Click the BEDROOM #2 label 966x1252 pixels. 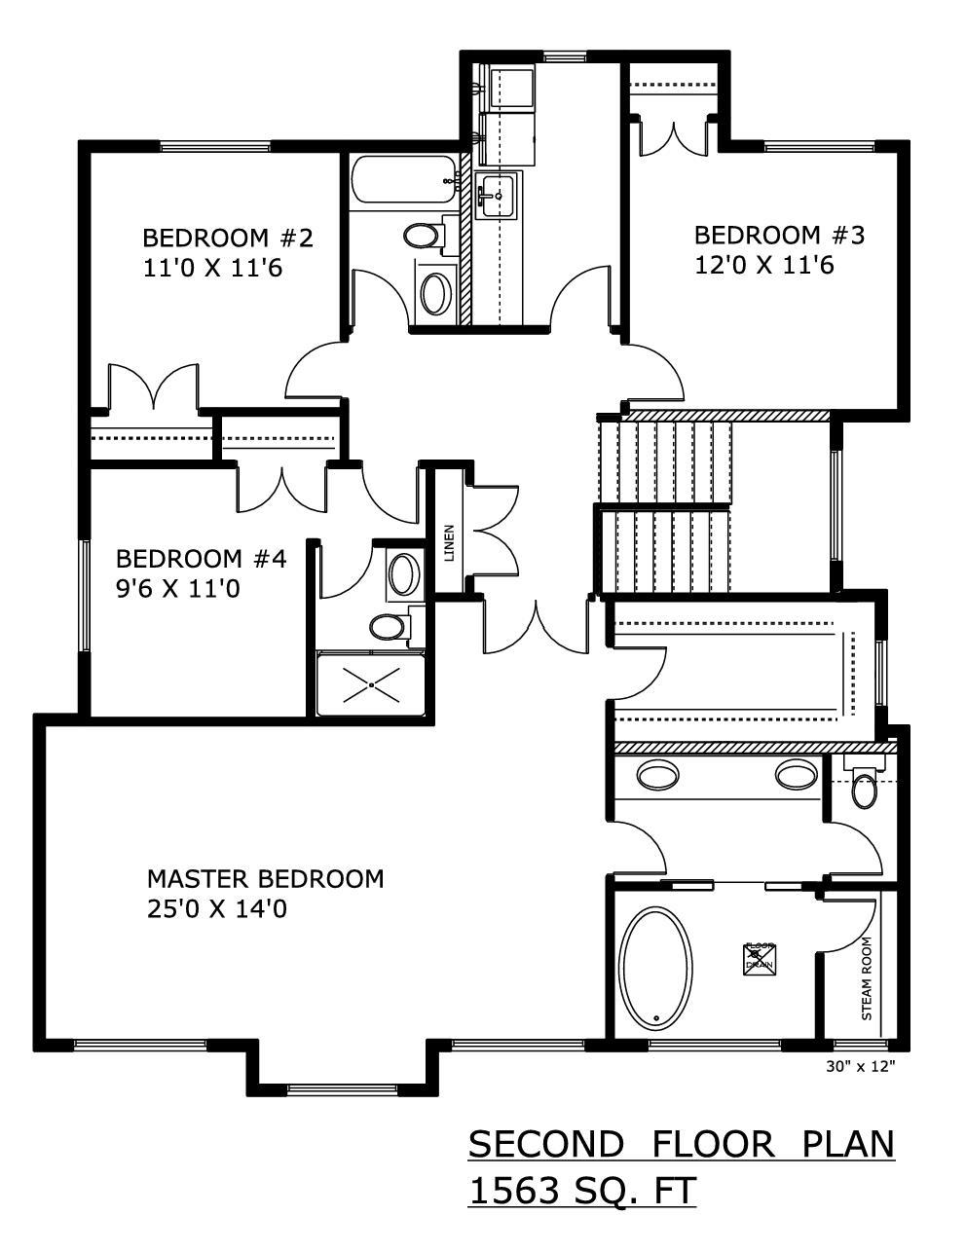pos(227,238)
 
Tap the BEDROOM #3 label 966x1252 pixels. pos(779,235)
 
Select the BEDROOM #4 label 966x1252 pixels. pos(201,559)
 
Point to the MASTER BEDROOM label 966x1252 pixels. pos(265,878)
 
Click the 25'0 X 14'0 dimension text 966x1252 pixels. pos(216,909)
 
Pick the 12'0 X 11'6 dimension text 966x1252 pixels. pos(763,265)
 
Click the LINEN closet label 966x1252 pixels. pos(449,544)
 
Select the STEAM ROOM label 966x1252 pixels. pos(866,978)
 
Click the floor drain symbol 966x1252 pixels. pos(760,958)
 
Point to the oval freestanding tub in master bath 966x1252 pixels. pos(656,970)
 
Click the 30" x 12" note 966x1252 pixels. pos(860,1066)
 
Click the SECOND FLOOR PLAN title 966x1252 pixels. pos(681,1144)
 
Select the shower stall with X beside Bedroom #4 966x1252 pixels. pos(372,685)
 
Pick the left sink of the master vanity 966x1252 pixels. pos(657,775)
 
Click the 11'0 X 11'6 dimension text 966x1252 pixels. pos(212,268)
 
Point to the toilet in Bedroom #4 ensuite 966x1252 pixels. pos(390,626)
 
